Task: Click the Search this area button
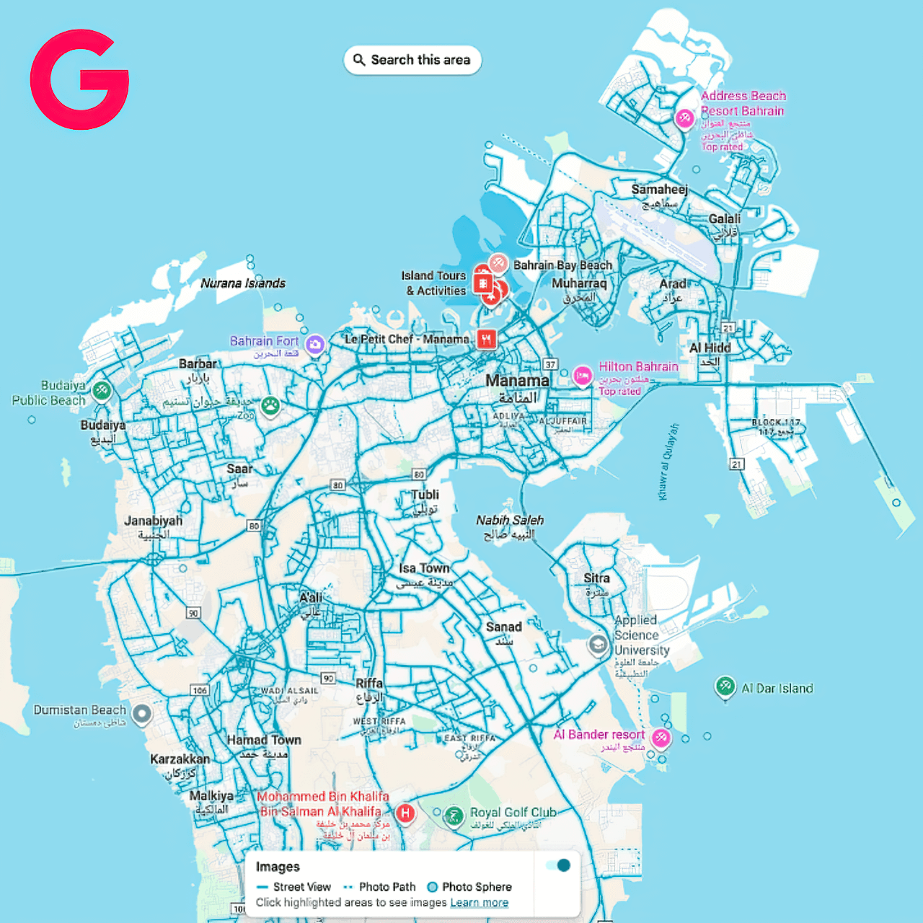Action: [x=412, y=60]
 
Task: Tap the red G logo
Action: [x=79, y=79]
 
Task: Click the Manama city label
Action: [x=517, y=380]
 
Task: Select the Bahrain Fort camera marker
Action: [x=314, y=345]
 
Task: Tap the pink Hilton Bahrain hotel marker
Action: [x=583, y=375]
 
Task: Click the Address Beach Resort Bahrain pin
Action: [x=684, y=118]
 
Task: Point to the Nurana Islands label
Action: [x=243, y=283]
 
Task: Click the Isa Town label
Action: [x=424, y=568]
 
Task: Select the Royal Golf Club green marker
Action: [x=454, y=816]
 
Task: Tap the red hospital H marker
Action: [x=406, y=813]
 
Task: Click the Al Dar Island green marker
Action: [x=725, y=686]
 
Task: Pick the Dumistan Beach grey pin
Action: [x=142, y=714]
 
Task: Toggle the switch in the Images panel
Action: [x=558, y=865]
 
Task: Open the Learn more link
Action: [x=480, y=903]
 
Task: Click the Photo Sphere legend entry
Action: [x=469, y=887]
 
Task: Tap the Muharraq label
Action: [x=579, y=283]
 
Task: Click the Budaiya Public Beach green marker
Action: [x=102, y=391]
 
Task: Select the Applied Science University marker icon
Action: [x=598, y=644]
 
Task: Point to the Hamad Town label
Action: [x=264, y=740]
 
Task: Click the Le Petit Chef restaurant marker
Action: [x=487, y=338]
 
